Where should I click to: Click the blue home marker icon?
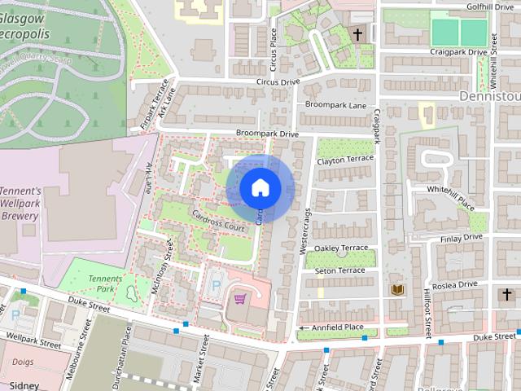pyautogui.click(x=260, y=188)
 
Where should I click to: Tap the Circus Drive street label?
pyautogui.click(x=278, y=82)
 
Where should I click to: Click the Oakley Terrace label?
pyautogui.click(x=341, y=248)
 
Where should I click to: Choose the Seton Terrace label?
pyautogui.click(x=339, y=270)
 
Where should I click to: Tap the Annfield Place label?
pyautogui.click(x=336, y=327)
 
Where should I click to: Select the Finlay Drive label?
pyautogui.click(x=461, y=238)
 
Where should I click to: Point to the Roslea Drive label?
pyautogui.click(x=456, y=284)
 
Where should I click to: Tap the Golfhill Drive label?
pyautogui.click(x=489, y=6)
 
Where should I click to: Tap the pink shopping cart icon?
pyautogui.click(x=240, y=299)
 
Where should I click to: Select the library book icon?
pyautogui.click(x=398, y=290)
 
